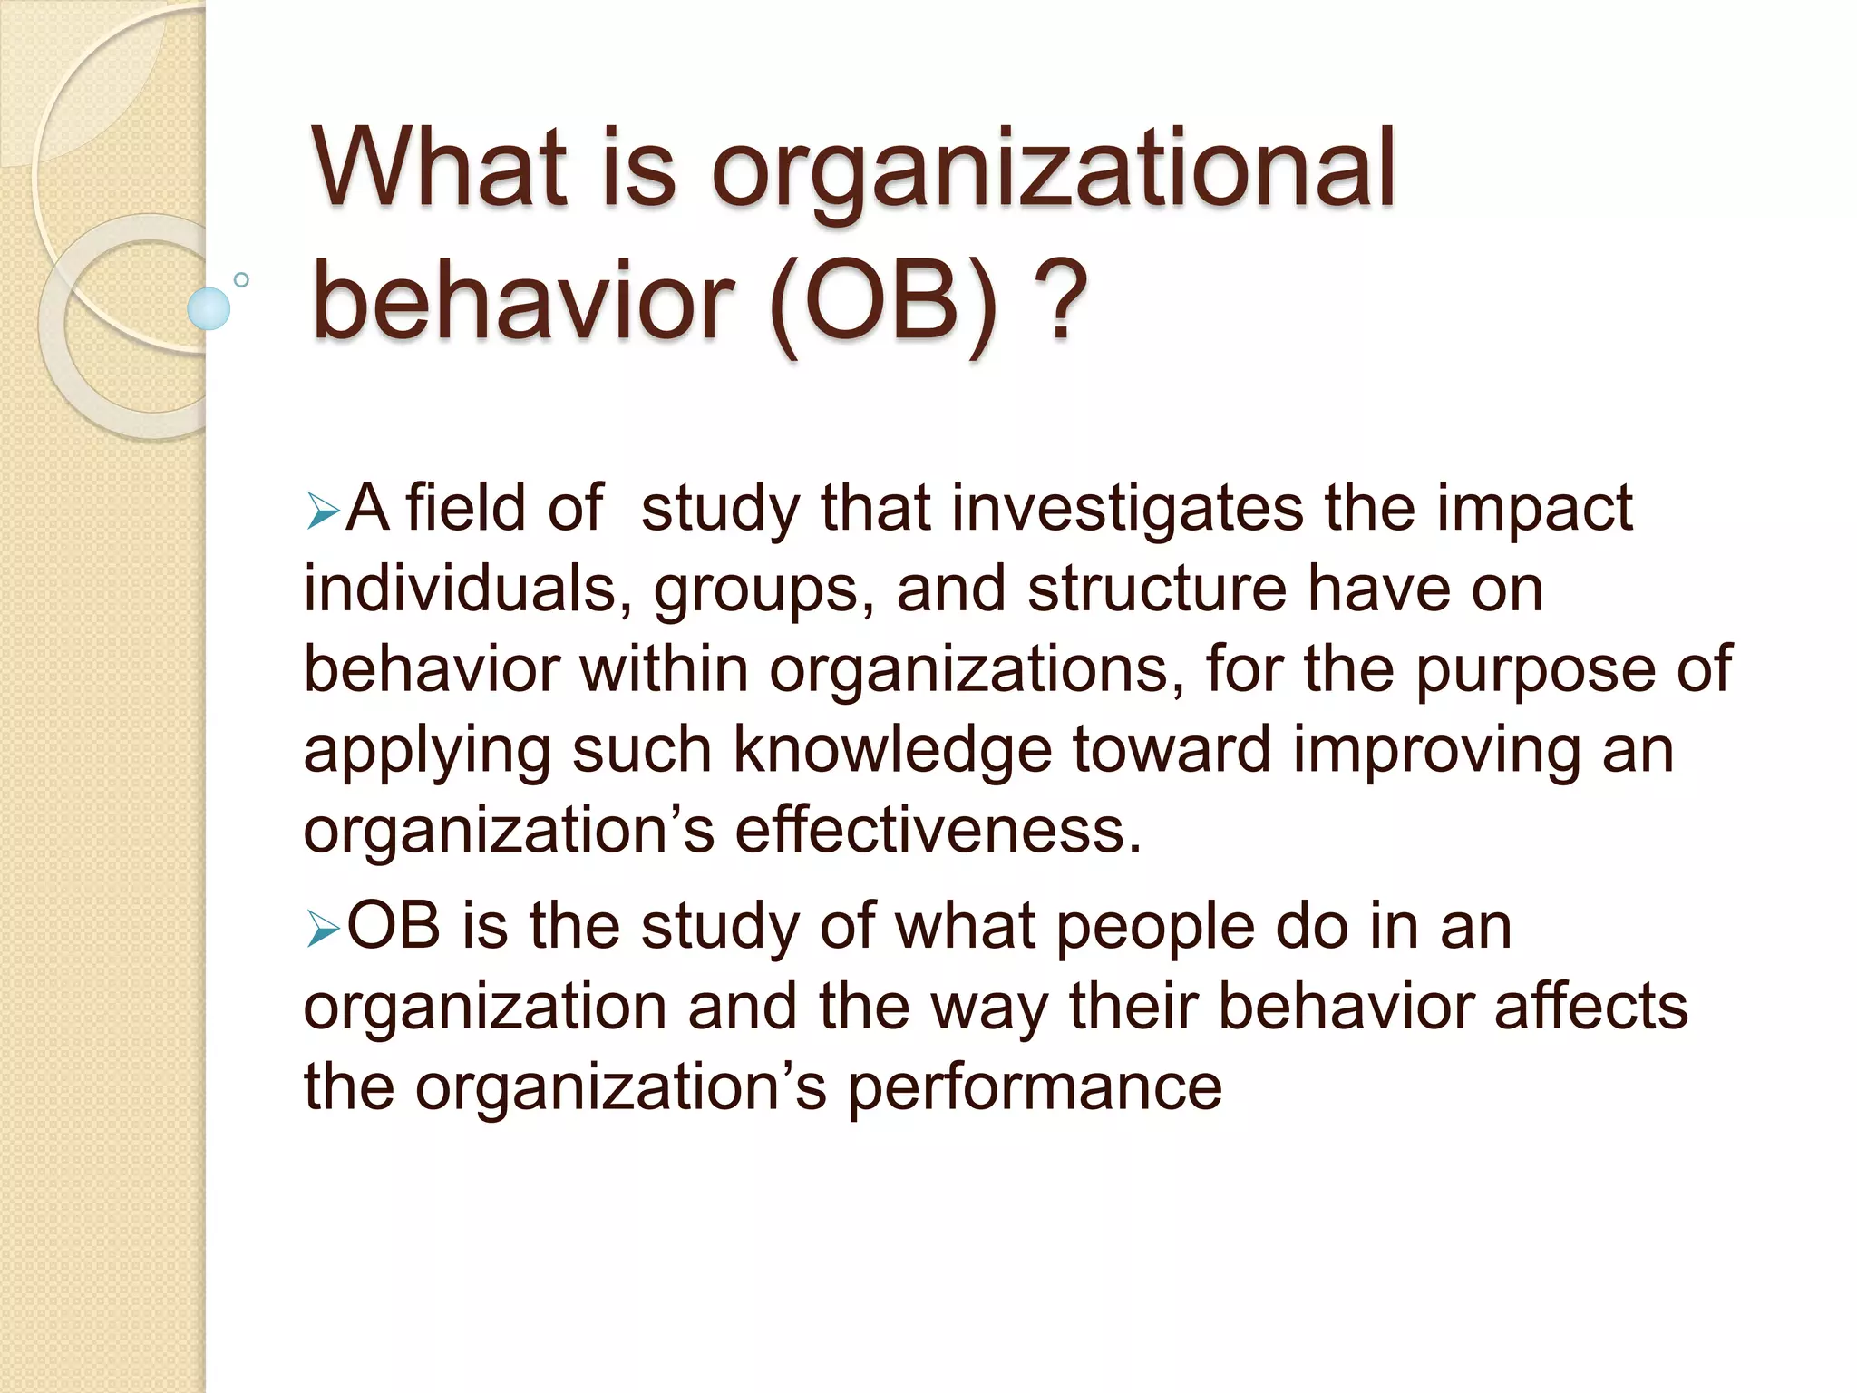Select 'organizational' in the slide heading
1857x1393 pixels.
[1053, 172]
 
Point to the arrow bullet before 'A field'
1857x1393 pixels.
[322, 511]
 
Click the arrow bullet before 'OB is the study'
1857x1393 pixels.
[322, 929]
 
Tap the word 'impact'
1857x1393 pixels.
[1534, 510]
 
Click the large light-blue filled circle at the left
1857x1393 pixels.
[209, 308]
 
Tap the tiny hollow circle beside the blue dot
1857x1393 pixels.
[241, 280]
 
